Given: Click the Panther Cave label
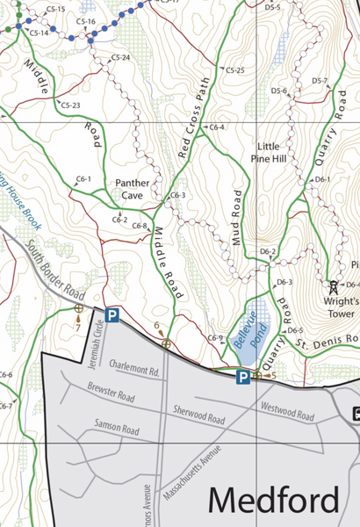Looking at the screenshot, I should click(x=130, y=189).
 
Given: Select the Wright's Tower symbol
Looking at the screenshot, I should click(x=333, y=286).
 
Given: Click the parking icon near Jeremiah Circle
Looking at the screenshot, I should click(x=112, y=314).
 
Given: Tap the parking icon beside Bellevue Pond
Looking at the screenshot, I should click(x=241, y=377).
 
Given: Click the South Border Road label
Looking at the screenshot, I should click(x=55, y=269).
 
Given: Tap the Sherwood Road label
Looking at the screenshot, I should click(x=199, y=414).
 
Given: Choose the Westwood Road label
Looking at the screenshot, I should click(x=287, y=408).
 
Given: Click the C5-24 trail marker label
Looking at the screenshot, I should click(x=120, y=58).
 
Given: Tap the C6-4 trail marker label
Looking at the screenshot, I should click(x=216, y=127).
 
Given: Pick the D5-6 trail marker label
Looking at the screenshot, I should click(x=280, y=90).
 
